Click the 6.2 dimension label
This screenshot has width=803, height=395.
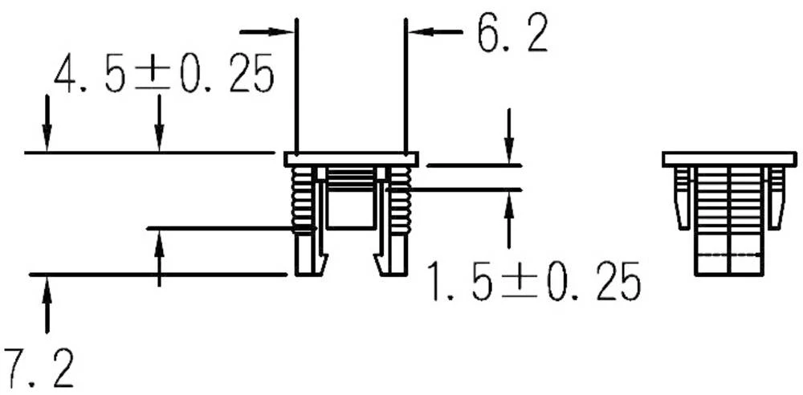(512, 36)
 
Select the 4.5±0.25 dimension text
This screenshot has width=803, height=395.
(164, 76)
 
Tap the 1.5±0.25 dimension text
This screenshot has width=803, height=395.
(533, 282)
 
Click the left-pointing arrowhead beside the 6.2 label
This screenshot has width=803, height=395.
(421, 32)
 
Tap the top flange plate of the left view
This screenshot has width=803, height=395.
(351, 159)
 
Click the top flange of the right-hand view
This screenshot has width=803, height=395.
(728, 159)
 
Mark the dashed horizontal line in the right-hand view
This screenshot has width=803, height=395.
(728, 255)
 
